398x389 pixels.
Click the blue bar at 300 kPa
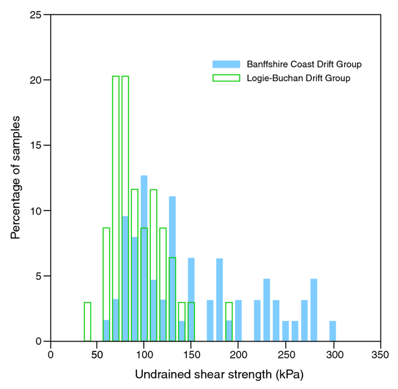coord(332,331)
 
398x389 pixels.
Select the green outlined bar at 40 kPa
coord(88,322)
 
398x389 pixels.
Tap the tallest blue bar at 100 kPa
coord(144,260)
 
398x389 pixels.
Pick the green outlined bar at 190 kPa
coord(229,322)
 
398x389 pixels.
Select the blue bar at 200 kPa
coord(238,321)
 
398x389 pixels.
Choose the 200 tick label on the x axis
coord(238,355)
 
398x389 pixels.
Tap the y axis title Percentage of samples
coord(16,178)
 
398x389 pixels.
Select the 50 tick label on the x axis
coord(97,355)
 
